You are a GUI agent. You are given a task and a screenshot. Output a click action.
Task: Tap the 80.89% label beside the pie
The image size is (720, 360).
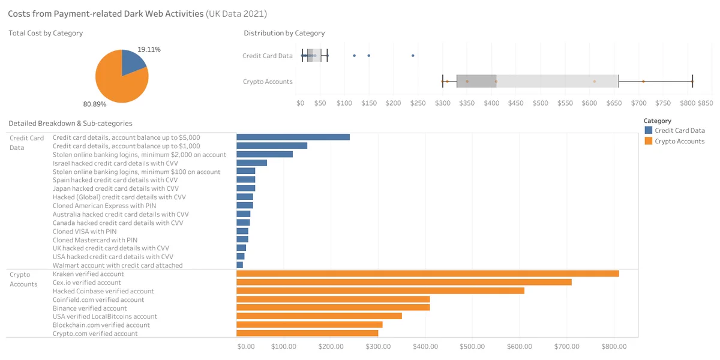tap(95, 104)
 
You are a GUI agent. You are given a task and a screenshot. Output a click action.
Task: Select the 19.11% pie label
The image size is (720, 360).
tap(149, 49)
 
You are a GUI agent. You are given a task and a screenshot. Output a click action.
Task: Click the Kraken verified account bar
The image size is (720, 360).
tap(427, 274)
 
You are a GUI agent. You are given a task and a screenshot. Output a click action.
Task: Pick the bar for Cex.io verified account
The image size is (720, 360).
tap(404, 282)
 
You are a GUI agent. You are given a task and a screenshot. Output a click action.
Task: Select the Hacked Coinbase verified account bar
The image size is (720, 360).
tap(380, 291)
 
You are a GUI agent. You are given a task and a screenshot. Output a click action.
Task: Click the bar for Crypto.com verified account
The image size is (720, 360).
tap(307, 334)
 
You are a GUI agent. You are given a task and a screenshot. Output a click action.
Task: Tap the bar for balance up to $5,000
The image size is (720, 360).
tap(293, 137)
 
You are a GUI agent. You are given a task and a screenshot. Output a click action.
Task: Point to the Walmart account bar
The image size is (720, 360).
tap(240, 265)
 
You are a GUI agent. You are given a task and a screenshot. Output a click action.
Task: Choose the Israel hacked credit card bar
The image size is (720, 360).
tap(251, 163)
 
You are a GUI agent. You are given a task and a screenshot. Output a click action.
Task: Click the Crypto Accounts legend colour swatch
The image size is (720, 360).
tap(649, 141)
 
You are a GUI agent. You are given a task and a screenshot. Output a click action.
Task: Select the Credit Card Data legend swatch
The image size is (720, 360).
tap(649, 130)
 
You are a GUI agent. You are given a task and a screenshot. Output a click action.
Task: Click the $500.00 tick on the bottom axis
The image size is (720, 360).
tap(472, 347)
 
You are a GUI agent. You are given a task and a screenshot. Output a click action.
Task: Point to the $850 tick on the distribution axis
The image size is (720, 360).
tap(705, 103)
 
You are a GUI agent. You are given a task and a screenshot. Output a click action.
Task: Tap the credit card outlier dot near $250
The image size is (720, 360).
tap(413, 56)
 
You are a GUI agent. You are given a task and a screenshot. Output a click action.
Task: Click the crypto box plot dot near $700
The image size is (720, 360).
tap(643, 82)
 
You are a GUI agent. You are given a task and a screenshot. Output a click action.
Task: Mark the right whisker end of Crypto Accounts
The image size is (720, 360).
tap(692, 82)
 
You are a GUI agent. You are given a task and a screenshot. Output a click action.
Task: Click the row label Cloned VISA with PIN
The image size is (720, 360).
tap(85, 232)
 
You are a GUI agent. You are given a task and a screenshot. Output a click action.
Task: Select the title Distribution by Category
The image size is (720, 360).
tap(284, 33)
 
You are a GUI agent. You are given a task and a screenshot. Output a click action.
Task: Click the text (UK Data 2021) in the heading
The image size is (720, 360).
tap(236, 14)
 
